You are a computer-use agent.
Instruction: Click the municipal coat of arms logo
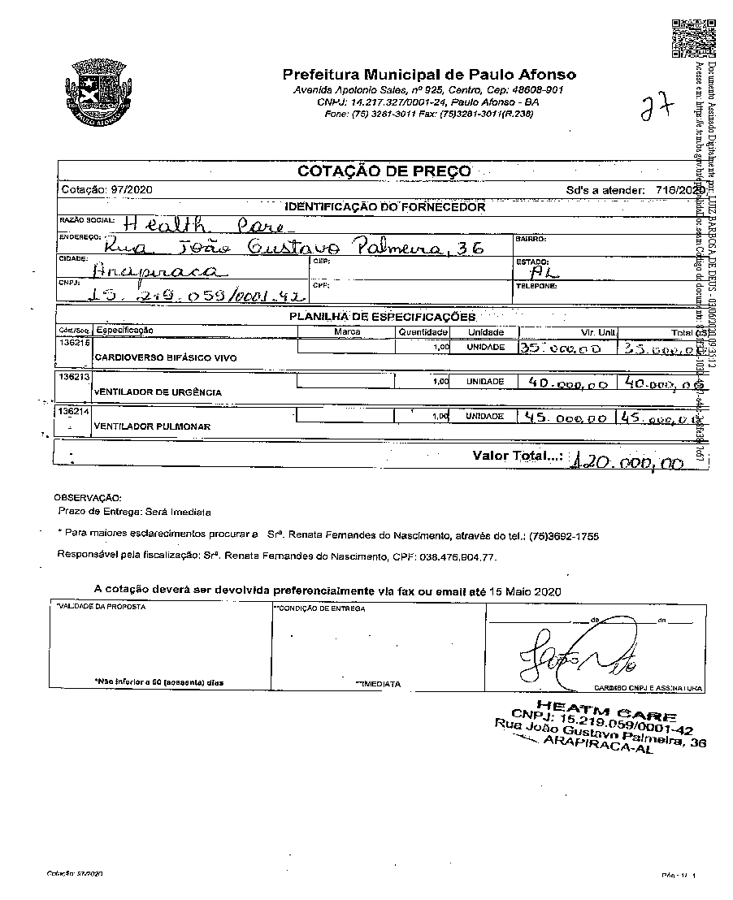[96, 91]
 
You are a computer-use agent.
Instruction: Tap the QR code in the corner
[692, 37]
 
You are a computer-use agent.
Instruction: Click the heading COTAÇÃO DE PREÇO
[384, 171]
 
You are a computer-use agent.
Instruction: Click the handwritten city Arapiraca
[158, 270]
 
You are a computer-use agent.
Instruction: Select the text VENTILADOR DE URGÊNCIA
[158, 392]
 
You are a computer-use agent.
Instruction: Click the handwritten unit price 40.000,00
[566, 383]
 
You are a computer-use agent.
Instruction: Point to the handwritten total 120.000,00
[627, 463]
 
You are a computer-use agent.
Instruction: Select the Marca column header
[347, 332]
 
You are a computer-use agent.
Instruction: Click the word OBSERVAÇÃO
[87, 496]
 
